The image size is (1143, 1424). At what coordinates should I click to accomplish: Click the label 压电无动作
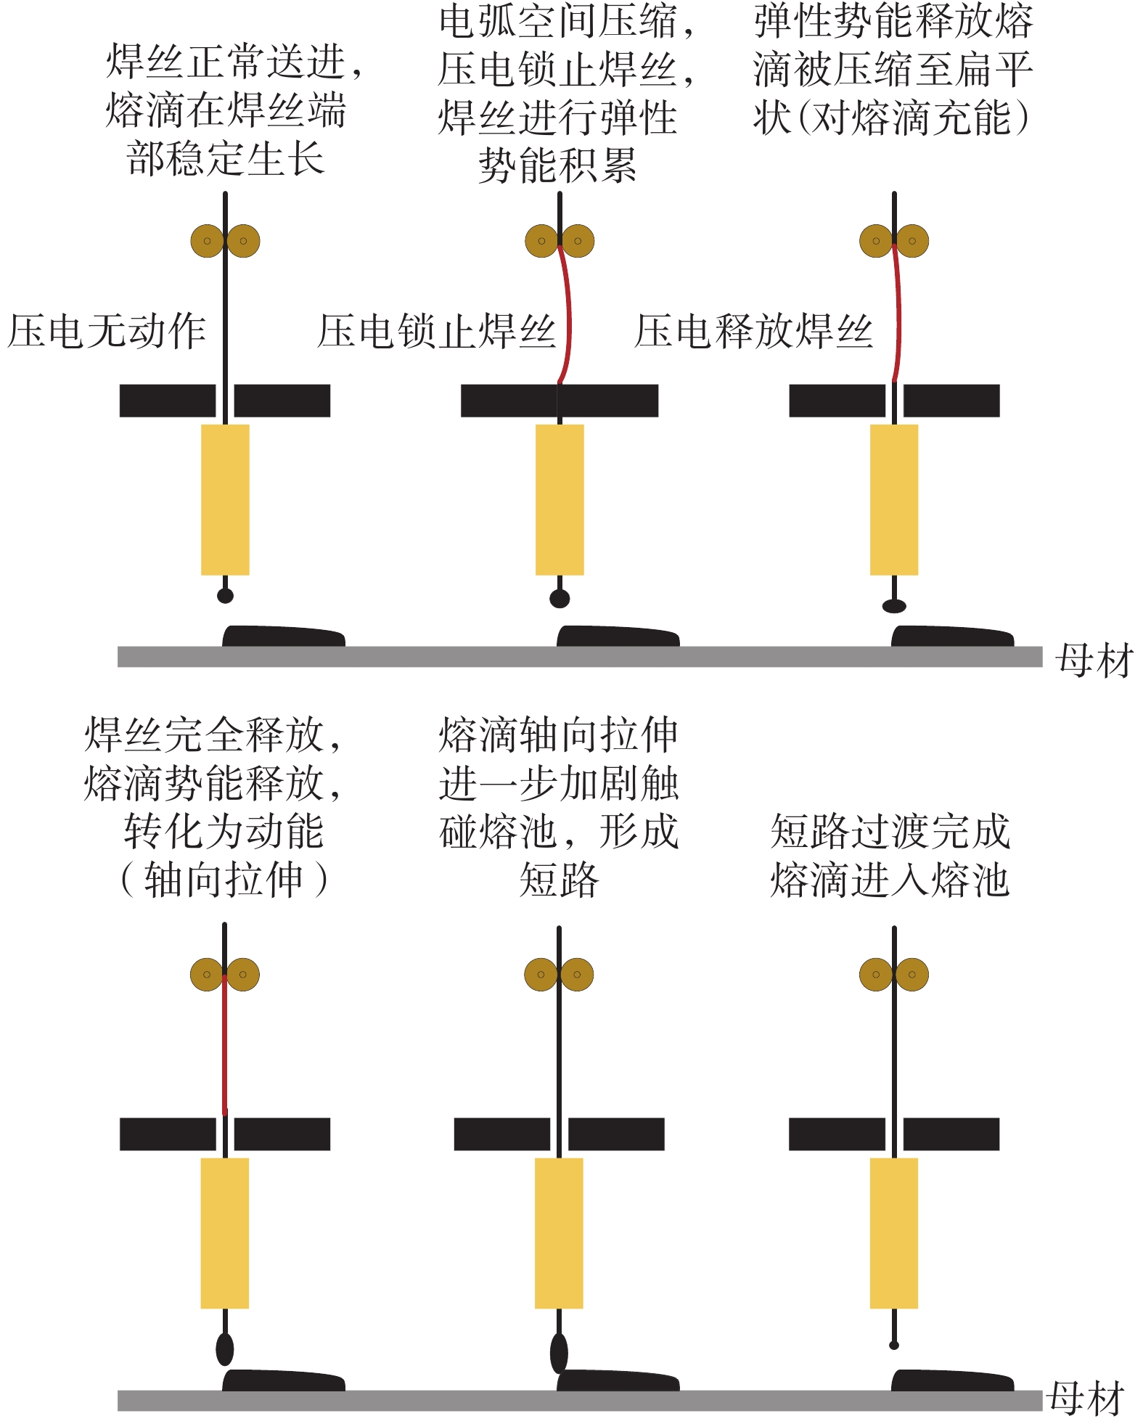tap(107, 332)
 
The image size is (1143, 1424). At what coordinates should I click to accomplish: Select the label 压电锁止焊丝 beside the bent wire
tap(436, 332)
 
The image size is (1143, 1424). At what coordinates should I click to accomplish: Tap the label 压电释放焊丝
tap(753, 332)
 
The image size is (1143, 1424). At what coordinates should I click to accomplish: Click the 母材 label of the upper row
tap(1094, 660)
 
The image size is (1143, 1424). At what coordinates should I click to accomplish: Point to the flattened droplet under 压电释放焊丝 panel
tap(894, 605)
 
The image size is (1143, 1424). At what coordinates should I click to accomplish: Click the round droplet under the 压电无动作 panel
tap(225, 596)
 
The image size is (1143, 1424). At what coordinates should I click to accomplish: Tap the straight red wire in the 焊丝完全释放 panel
tap(225, 1045)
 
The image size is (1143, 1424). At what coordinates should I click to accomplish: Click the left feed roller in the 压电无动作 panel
tap(207, 241)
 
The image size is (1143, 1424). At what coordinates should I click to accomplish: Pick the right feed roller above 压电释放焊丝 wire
tap(912, 241)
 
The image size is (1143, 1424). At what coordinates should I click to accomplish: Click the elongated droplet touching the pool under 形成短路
tap(559, 1352)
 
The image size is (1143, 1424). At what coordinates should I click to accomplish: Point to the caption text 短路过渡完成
tap(890, 832)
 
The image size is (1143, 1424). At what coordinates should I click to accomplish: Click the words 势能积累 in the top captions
tap(557, 166)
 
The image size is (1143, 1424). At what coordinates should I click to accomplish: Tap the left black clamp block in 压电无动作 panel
tap(168, 401)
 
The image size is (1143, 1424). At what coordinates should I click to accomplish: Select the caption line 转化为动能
tap(224, 832)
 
